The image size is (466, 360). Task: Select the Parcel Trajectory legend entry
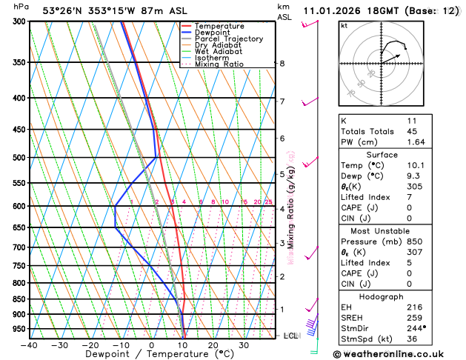coord(228,39)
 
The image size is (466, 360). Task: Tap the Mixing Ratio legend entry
coord(218,64)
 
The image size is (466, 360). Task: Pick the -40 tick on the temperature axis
coord(29,344)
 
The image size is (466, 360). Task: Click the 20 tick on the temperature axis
coord(213,344)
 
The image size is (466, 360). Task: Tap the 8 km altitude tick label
coord(282,64)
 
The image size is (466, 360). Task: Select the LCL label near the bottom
coord(290,336)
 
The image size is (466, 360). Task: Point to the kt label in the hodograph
coord(344,26)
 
